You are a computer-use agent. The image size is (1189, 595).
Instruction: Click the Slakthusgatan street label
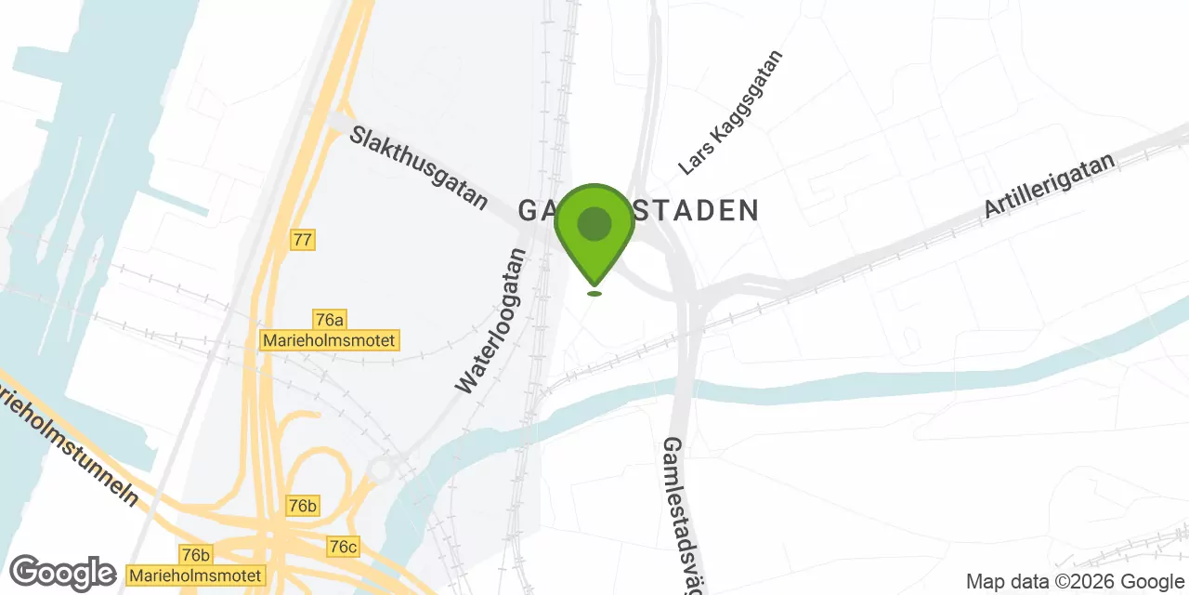click(419, 167)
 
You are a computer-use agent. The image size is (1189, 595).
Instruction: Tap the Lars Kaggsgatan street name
click(731, 112)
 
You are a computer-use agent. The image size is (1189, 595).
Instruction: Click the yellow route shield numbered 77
click(302, 239)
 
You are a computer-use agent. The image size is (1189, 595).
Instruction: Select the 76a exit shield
click(329, 320)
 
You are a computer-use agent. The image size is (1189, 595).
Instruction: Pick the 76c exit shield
click(343, 546)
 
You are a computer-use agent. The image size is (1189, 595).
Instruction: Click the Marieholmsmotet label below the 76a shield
click(330, 341)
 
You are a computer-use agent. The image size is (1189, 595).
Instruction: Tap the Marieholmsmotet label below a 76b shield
click(195, 575)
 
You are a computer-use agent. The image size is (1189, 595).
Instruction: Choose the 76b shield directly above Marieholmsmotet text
click(196, 555)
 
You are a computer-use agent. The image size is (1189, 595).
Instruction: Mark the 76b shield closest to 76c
click(303, 506)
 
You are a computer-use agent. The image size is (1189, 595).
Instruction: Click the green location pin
click(594, 232)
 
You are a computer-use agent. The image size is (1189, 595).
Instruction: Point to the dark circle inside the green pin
click(594, 224)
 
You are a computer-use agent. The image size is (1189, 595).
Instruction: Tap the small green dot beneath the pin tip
click(594, 294)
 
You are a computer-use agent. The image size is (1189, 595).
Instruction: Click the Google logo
click(62, 574)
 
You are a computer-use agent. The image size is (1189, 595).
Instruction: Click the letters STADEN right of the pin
click(697, 211)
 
